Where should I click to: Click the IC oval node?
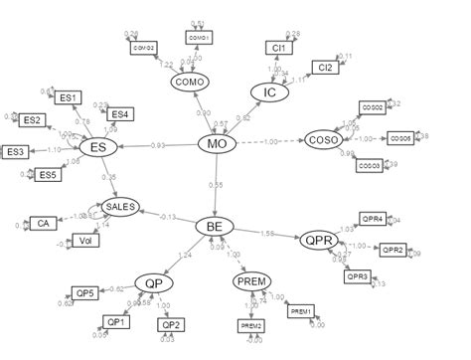click(265, 92)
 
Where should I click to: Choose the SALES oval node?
click(118, 208)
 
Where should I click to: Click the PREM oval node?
click(252, 282)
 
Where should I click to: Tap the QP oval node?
click(153, 283)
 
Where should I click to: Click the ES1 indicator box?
click(69, 97)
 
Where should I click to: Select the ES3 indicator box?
click(17, 152)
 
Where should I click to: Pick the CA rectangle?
click(44, 223)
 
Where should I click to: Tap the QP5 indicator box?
click(85, 292)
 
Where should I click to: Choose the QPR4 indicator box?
click(370, 219)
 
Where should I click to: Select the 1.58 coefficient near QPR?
click(267, 235)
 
